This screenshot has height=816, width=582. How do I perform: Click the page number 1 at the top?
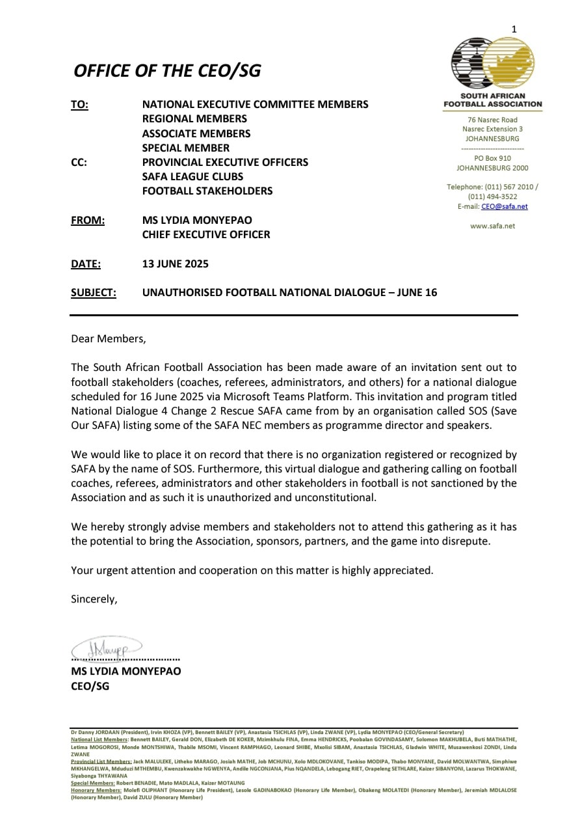[x=514, y=29]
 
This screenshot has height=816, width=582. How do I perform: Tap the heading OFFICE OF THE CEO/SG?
[x=167, y=71]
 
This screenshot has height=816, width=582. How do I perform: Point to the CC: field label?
[x=79, y=162]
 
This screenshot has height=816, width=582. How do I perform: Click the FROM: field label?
[x=88, y=220]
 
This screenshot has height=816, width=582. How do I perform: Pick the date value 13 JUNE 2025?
[x=176, y=264]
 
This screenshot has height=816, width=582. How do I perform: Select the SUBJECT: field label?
[x=94, y=292]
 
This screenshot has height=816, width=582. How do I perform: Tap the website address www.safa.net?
[x=492, y=226]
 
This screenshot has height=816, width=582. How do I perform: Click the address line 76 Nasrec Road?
[x=492, y=120]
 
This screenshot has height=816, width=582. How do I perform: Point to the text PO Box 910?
[x=492, y=158]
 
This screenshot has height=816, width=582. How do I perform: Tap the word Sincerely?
[x=94, y=599]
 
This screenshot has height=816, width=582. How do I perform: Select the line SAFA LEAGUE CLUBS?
[x=192, y=176]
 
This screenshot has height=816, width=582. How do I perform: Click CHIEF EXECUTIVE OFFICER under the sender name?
[x=206, y=234]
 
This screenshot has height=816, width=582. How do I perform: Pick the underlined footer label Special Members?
[x=92, y=783]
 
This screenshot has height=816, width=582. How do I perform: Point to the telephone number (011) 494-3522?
[x=492, y=197]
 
